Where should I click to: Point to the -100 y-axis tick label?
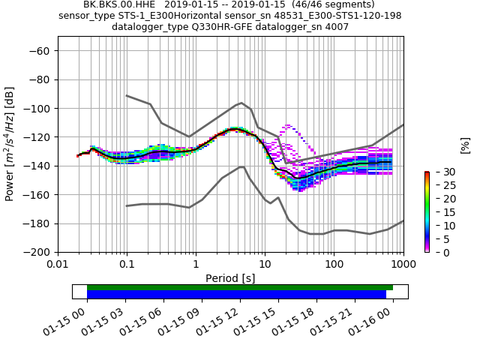point(37,109)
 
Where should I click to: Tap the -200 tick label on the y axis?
point(37,253)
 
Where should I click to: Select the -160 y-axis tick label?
point(37,195)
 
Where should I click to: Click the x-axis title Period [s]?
point(230,278)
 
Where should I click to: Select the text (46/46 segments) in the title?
point(329,4)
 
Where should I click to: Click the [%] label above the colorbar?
point(464,145)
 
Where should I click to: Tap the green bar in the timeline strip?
point(240,287)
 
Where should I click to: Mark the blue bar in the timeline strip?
point(236,295)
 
